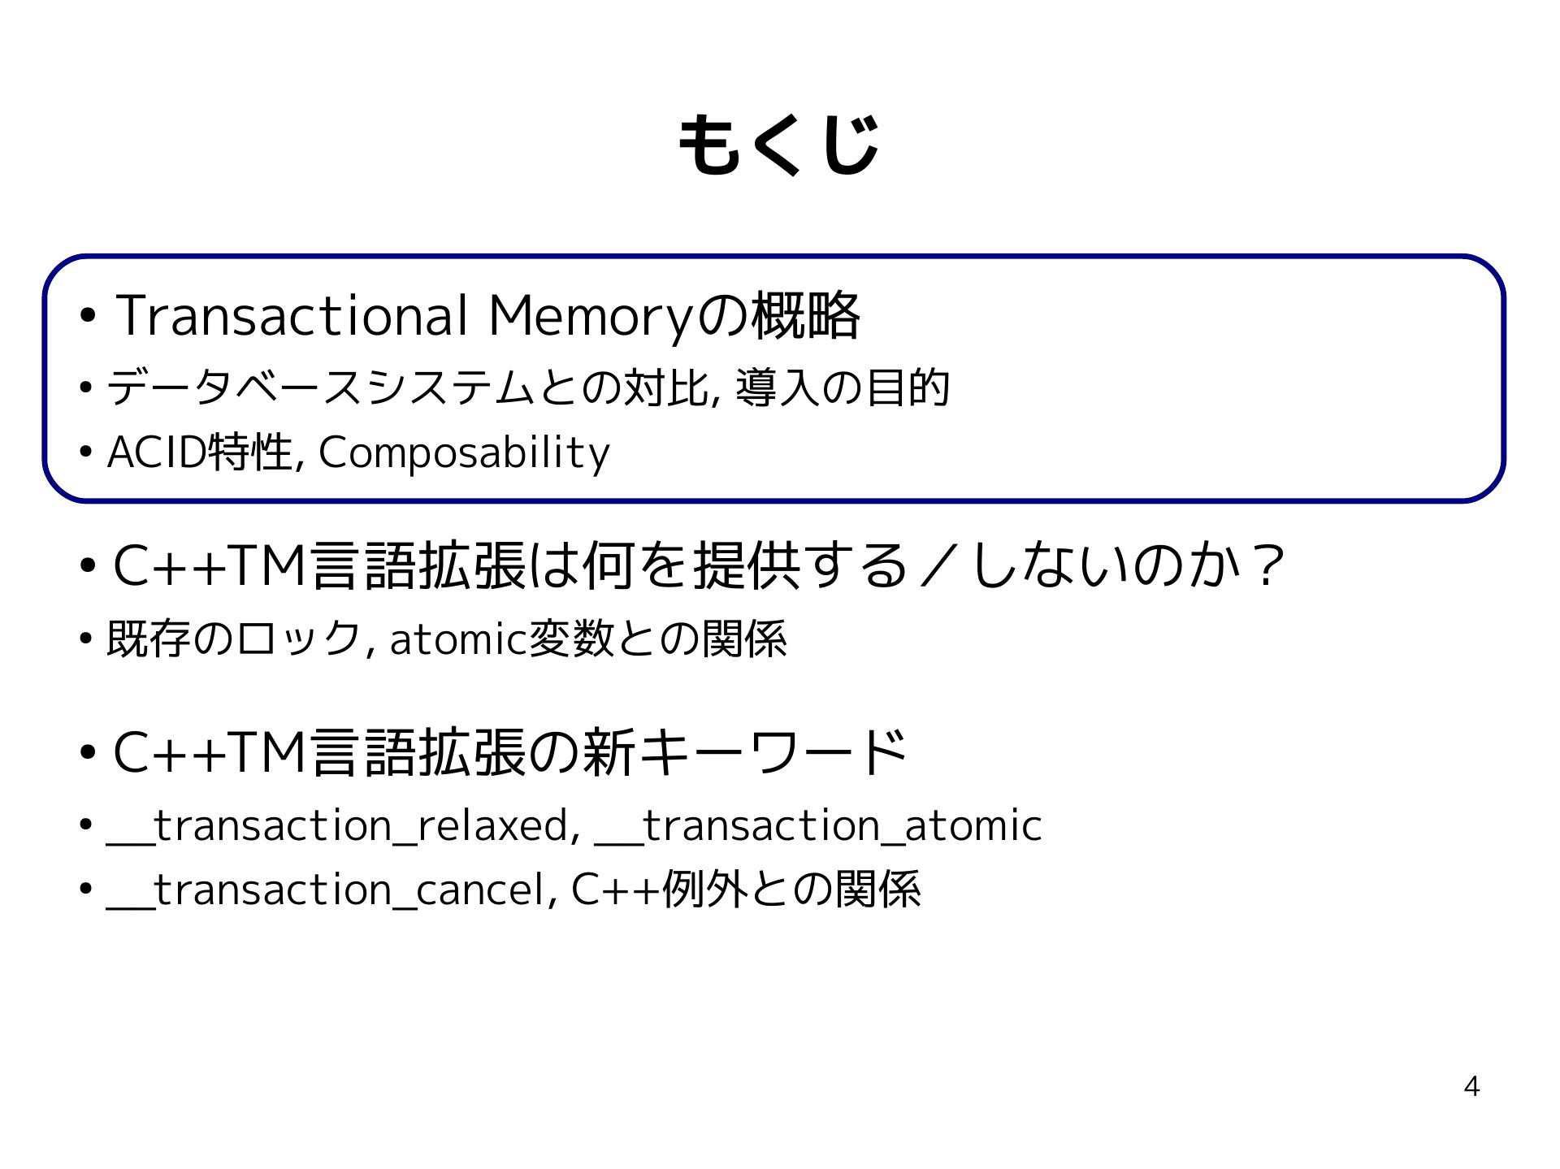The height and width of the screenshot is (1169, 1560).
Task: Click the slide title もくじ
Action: [x=778, y=145]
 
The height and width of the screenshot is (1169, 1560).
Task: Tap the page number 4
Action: [x=1471, y=1086]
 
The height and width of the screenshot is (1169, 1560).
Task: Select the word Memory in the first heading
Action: [x=591, y=317]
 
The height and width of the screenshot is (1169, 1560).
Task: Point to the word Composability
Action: [x=464, y=453]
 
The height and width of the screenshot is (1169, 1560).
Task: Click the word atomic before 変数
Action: [x=458, y=639]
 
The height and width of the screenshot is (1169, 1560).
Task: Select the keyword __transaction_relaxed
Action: [x=337, y=826]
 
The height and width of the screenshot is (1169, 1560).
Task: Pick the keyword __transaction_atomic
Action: [x=818, y=826]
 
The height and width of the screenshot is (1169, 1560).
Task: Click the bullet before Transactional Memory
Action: [x=89, y=315]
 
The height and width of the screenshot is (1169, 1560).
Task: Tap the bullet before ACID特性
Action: [x=86, y=452]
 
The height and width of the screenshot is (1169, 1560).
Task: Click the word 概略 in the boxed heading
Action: [x=805, y=315]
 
